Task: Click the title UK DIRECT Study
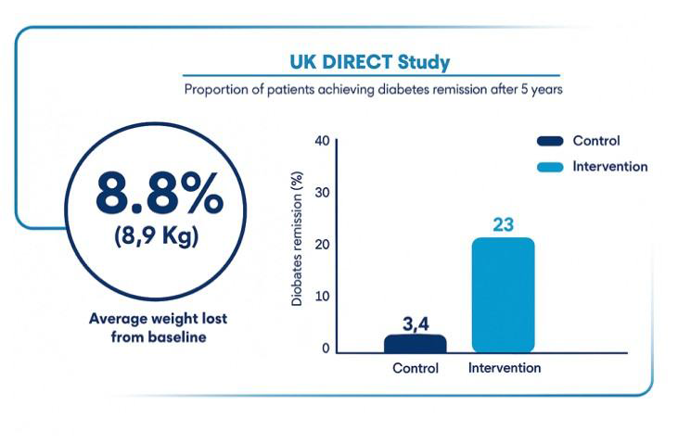click(x=370, y=63)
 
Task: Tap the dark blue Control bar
click(x=415, y=344)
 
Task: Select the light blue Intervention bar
click(x=503, y=295)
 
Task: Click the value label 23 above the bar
click(x=504, y=225)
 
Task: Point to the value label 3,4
click(x=415, y=323)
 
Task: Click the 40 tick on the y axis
click(x=322, y=142)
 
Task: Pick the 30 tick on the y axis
click(x=322, y=193)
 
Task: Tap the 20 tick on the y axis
click(x=322, y=245)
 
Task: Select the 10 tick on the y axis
click(x=322, y=297)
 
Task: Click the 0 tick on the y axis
click(x=326, y=349)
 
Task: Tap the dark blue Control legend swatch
click(x=550, y=142)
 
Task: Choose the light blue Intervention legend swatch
click(x=550, y=167)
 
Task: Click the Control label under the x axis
click(x=415, y=368)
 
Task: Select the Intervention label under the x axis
click(x=504, y=368)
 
